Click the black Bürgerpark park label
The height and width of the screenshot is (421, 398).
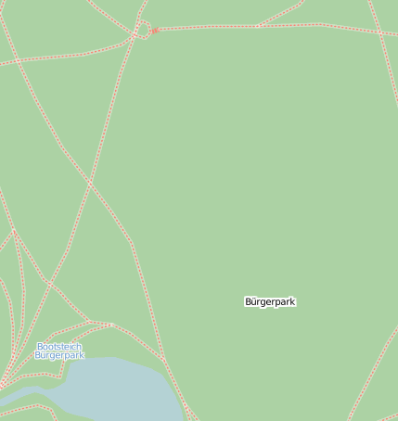coord(270,302)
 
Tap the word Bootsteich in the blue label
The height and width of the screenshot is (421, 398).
coord(58,347)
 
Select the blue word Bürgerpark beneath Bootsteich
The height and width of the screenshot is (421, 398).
coord(59,355)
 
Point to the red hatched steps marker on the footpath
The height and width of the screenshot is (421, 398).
coord(155,31)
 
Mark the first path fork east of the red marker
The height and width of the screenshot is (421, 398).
coord(258,26)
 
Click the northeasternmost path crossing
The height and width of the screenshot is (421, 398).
coord(379,32)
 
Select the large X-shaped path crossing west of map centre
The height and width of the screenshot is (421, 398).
coord(90,183)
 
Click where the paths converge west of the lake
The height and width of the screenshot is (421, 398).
coord(5,380)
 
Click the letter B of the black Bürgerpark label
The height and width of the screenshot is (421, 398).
coord(248,302)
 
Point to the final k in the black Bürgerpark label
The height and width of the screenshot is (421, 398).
coord(293,302)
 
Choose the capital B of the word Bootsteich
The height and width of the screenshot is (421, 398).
coord(39,347)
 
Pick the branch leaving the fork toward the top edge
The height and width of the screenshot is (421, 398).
coord(283,12)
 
